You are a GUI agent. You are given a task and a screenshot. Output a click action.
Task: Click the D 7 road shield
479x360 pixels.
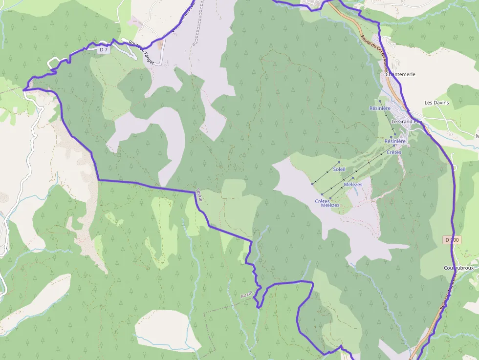click(103, 49)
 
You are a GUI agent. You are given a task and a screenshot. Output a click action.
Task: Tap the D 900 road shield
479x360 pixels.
click(453, 240)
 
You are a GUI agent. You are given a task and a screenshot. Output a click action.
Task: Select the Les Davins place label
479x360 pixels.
click(436, 103)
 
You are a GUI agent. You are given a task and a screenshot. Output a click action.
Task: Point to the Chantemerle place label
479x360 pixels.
click(400, 74)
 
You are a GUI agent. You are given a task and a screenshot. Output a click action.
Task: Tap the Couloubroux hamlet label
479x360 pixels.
click(459, 268)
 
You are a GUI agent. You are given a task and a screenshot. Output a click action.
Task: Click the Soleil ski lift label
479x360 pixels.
click(339, 169)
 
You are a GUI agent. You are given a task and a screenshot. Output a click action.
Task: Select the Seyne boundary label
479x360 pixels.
click(198, 195)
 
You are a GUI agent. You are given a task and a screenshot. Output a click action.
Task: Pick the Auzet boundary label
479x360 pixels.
click(247, 295)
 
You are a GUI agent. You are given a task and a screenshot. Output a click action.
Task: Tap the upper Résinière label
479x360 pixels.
click(380, 108)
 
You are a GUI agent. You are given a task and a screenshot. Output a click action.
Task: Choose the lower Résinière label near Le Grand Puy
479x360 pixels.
click(395, 141)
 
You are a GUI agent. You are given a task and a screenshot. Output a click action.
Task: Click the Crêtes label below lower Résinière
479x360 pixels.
click(393, 152)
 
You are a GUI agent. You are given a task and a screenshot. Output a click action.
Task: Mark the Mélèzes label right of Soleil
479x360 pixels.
click(353, 184)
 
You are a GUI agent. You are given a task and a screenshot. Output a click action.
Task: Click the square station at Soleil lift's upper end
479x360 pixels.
click(339, 162)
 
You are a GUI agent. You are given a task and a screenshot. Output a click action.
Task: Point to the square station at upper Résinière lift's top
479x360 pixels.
click(380, 101)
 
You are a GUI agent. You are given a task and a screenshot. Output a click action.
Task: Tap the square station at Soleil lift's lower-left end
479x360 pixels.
click(312, 184)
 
